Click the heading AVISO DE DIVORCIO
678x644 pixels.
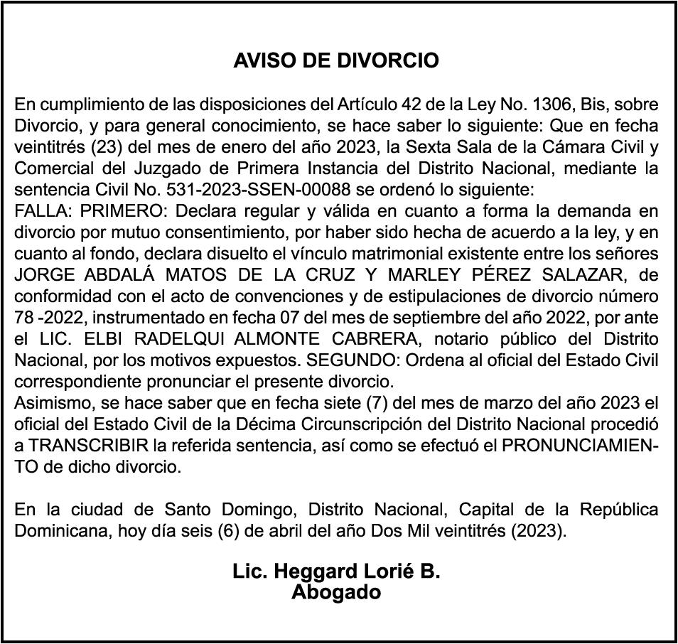336,61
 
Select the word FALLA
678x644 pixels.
43,212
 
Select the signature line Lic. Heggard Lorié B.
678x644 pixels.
336,572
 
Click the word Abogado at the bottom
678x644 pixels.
336,592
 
